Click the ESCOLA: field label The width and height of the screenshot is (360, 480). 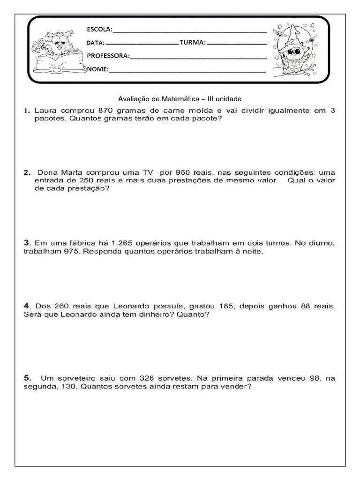(100, 30)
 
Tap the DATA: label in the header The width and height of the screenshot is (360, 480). (96, 43)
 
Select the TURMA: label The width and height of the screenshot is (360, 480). (192, 43)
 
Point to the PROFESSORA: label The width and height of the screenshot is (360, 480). (108, 56)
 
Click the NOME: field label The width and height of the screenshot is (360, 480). (98, 69)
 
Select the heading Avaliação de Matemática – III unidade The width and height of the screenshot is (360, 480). (180, 99)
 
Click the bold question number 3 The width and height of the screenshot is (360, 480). (27, 243)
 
